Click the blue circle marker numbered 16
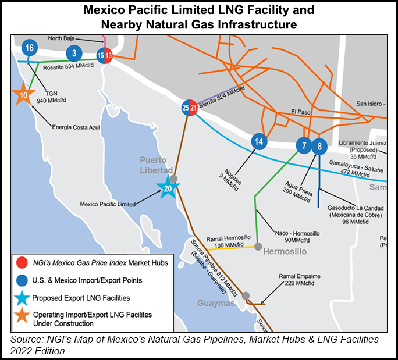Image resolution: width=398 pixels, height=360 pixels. click(x=30, y=48)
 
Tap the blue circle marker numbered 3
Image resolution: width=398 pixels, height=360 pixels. click(x=74, y=54)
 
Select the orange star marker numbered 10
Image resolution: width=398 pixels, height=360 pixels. click(x=24, y=95)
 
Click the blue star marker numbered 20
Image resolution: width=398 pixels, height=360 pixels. click(x=168, y=188)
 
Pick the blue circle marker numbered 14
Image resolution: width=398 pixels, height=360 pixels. click(x=260, y=141)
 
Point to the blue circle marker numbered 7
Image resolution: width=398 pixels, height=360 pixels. click(x=303, y=145)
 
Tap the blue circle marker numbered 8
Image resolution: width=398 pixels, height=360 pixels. click(x=319, y=145)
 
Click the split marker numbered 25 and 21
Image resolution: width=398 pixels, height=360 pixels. click(x=189, y=108)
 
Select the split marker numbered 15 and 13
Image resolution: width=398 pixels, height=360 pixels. click(x=105, y=55)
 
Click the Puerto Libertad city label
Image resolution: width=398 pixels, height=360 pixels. click(x=153, y=165)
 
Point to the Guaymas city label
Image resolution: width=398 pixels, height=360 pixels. click(x=215, y=303)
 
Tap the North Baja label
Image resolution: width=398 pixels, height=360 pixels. click(x=63, y=39)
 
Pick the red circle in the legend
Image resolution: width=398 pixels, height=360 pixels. click(x=22, y=263)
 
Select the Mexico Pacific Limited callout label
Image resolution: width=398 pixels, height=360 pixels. click(x=110, y=204)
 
